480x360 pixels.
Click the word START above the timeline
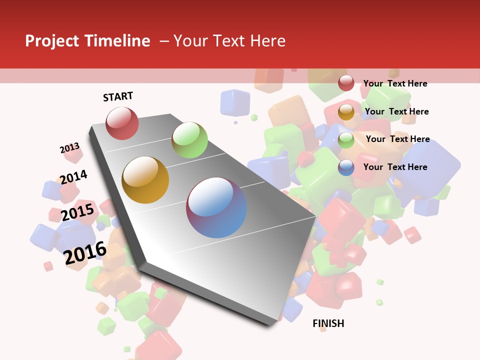pos(118,96)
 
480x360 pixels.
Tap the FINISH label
pos(328,323)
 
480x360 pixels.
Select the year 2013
pos(69,148)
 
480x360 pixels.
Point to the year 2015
pos(77,212)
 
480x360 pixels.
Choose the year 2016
pos(85,252)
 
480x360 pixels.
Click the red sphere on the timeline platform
pos(122,123)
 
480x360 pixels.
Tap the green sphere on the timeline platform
pos(189,140)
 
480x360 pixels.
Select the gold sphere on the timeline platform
pos(145,180)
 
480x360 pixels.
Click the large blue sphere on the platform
pos(216,207)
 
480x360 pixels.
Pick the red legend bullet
pos(346,83)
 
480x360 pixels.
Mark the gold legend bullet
pos(346,112)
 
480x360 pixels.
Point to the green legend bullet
pos(346,140)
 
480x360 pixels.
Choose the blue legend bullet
pos(346,167)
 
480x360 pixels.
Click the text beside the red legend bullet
pos(395,83)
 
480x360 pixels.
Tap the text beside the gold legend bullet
pos(396,111)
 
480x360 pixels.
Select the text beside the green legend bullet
pos(397,139)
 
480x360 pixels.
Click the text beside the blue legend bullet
pos(395,167)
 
